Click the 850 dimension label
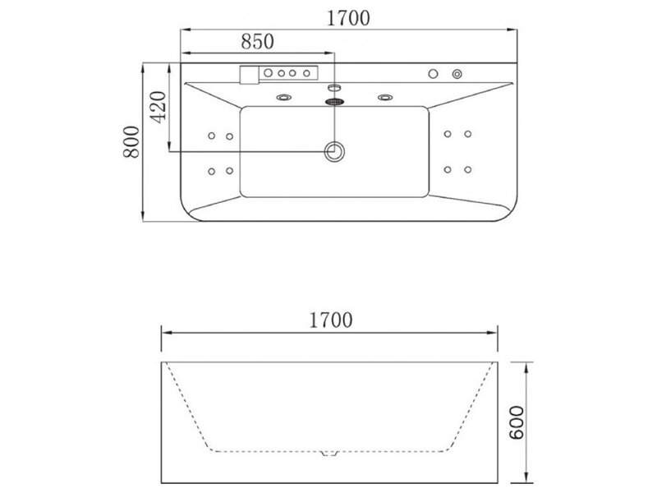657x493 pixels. [257, 41]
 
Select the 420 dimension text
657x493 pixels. [159, 107]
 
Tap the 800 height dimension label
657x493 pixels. [131, 141]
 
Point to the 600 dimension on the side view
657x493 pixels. [517, 422]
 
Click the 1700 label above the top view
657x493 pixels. [348, 18]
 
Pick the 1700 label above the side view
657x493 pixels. [331, 320]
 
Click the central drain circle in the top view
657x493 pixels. [334, 151]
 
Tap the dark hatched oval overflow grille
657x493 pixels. [334, 101]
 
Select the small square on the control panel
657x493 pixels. [250, 75]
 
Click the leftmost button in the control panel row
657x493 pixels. [269, 73]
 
